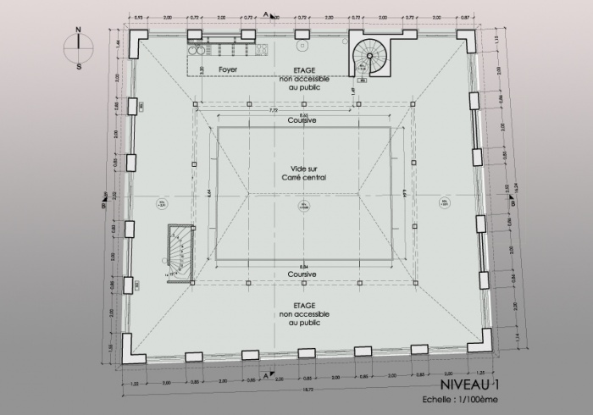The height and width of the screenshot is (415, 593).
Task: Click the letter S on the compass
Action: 78,64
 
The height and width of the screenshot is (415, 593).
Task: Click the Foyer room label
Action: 228,68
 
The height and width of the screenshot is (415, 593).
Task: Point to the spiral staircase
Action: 369,57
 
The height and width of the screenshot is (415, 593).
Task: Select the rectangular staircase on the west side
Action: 180,252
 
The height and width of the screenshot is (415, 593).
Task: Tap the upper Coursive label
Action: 302,121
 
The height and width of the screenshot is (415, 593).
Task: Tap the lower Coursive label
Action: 302,274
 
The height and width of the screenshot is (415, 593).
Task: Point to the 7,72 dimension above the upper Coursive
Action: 273,110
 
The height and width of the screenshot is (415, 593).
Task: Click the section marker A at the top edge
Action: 266,15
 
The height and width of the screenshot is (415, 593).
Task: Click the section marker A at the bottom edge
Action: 266,373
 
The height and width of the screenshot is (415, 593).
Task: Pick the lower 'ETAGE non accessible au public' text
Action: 303,313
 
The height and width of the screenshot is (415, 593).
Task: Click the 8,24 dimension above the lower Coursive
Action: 302,266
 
